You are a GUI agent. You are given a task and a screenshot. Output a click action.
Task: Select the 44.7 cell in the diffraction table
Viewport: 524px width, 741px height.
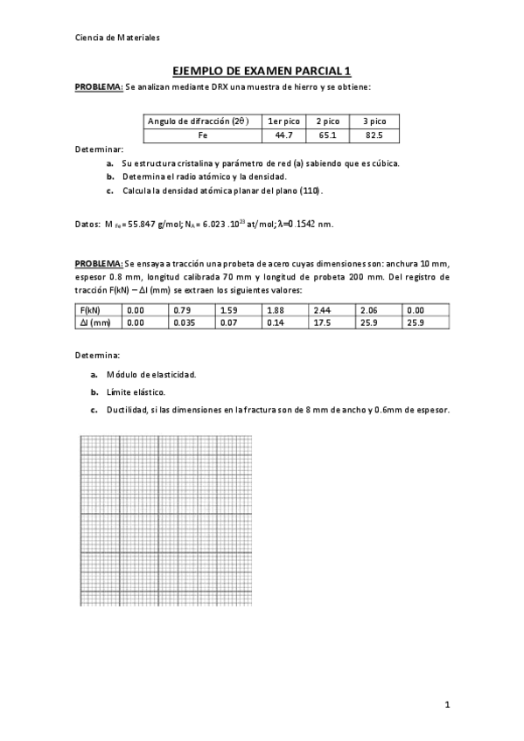tap(284, 135)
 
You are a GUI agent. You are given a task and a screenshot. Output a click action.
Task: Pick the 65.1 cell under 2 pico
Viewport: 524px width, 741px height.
tap(329, 135)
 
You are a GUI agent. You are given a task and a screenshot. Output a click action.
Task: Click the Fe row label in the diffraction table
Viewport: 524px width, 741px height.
tap(202, 135)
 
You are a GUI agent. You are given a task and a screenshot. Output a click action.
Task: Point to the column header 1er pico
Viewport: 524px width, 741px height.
tap(284, 121)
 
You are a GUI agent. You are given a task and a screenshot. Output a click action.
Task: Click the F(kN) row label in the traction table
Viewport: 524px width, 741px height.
tap(88, 309)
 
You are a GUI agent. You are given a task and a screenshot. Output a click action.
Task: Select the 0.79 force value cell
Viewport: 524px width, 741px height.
tap(181, 309)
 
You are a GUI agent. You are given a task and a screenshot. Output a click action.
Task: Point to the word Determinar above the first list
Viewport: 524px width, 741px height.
tap(99, 150)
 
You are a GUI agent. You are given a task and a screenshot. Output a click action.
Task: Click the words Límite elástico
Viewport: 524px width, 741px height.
tap(136, 392)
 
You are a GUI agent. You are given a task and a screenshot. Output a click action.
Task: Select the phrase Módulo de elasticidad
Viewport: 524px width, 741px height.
tap(150, 374)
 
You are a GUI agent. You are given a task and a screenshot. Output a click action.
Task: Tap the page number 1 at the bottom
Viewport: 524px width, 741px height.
tap(447, 704)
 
